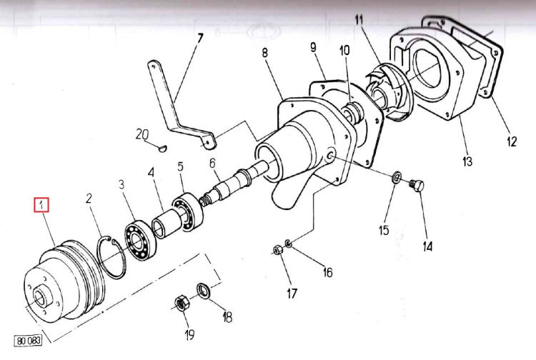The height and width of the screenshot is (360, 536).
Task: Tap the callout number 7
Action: pos(199,37)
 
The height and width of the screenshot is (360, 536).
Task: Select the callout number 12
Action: pos(512,141)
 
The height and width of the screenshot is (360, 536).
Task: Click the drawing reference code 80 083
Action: pos(28,341)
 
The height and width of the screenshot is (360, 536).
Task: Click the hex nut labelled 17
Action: pos(275,250)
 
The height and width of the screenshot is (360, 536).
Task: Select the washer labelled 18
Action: pos(204,291)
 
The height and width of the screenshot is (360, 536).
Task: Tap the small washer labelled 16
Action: pos(287,244)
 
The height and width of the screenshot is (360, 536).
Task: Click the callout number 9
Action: pos(312,48)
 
